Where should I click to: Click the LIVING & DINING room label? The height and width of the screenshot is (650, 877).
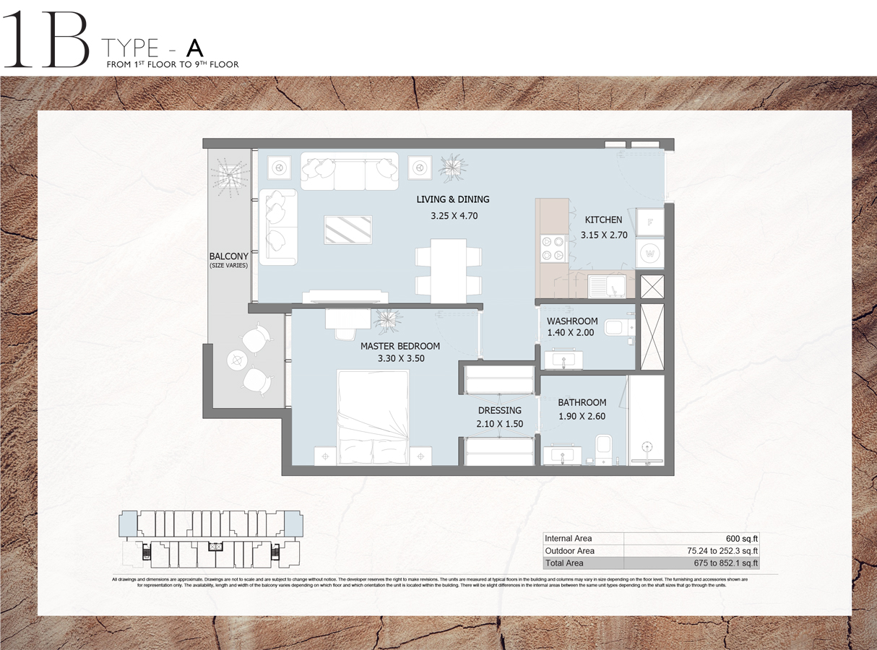point(452,199)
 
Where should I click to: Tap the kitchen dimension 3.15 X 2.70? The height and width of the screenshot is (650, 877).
point(603,235)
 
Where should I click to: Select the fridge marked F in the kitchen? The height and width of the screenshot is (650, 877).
point(650,222)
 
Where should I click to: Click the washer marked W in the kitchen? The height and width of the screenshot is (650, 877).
point(650,254)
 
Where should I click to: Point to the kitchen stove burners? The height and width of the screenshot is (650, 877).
point(553,249)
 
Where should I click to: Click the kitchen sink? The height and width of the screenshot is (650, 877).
point(605,287)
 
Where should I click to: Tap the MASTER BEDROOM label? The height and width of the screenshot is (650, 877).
point(399,346)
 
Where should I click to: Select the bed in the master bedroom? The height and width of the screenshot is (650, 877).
point(373,417)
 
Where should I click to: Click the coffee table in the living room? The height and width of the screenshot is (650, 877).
point(349,230)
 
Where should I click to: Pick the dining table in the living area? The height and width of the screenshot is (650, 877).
point(448,270)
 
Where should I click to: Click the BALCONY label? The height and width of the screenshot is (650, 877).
point(228,256)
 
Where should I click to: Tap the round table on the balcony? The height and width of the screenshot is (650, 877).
point(237,359)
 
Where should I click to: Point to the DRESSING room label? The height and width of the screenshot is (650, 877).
point(499,411)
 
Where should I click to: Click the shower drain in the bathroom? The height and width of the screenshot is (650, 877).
point(647,446)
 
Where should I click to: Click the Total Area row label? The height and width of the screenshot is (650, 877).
point(564,563)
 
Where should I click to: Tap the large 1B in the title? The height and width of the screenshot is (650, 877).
point(45,41)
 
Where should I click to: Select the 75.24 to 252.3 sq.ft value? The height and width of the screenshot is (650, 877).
point(723,550)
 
